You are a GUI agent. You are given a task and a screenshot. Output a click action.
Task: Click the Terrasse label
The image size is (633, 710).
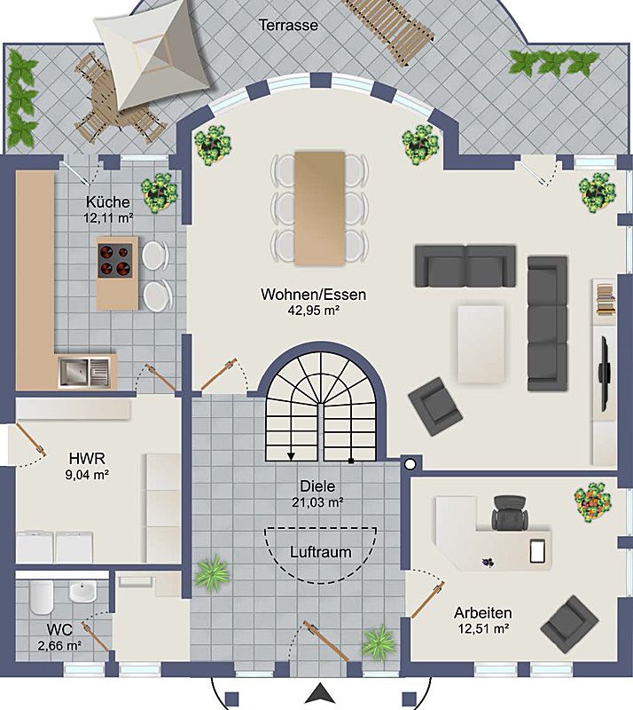[x=288, y=25]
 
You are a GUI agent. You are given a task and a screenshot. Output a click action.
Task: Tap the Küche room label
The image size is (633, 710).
[x=107, y=202]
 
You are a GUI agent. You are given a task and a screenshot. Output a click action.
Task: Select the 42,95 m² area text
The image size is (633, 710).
[x=314, y=310]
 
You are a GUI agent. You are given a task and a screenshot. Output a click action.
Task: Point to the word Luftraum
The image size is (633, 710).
[x=320, y=552]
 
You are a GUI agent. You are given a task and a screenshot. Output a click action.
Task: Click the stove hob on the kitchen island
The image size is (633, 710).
[x=115, y=260]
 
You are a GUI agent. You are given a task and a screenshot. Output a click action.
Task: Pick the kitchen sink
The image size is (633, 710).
[x=84, y=372]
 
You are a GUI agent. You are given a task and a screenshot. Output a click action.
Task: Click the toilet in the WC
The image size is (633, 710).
[x=42, y=597]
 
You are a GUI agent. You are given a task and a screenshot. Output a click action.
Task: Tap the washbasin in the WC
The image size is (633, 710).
[x=82, y=592]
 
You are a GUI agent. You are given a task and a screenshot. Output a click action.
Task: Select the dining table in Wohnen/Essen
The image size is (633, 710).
[x=319, y=209]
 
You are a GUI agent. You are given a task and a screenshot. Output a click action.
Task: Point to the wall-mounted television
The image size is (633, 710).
[x=604, y=374]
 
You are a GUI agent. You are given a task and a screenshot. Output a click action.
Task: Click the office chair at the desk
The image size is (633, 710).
[x=510, y=513]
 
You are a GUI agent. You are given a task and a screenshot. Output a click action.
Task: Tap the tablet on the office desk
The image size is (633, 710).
[x=537, y=551]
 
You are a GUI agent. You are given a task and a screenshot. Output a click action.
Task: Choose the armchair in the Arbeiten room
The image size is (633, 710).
[x=569, y=625]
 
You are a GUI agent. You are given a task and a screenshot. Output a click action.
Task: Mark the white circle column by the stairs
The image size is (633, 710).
[x=410, y=464]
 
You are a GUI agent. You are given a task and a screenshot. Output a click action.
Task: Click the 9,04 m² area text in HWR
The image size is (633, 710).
[x=87, y=475]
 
